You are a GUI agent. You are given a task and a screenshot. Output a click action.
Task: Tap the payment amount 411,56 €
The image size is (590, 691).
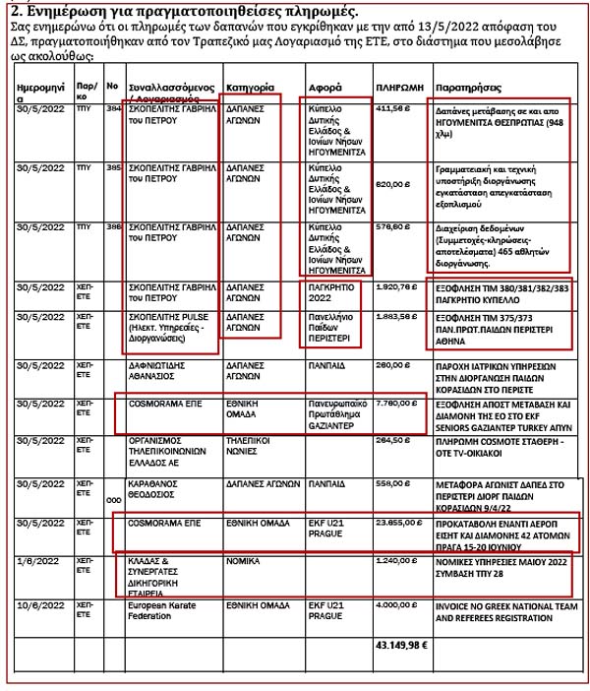tap(392, 110)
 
